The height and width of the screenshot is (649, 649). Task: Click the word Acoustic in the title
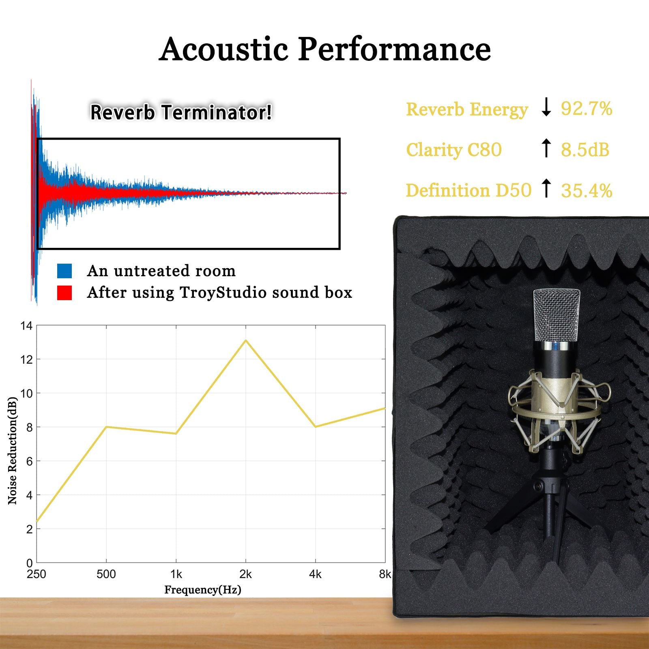coord(223,49)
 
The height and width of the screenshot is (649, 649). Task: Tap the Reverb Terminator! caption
coord(181,112)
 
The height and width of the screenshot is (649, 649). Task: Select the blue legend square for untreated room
coord(64,271)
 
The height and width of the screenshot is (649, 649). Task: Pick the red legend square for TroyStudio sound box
coord(64,293)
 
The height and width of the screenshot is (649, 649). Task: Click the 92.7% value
coord(586,109)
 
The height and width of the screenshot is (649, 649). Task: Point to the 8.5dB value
coord(585,150)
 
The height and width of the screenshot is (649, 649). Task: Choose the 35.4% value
coord(586,191)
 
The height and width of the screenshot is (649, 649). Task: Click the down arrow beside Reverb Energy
coord(546,107)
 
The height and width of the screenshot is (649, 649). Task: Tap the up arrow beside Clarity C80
coord(546,148)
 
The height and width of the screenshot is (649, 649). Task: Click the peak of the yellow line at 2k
coord(246,341)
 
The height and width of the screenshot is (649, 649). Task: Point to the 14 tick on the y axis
coord(27,326)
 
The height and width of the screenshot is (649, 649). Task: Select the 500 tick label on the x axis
coord(106,574)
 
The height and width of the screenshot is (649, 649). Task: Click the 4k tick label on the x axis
coord(315,574)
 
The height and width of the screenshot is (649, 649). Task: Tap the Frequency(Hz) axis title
coord(203,590)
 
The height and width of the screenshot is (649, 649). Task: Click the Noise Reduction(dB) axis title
coord(13,450)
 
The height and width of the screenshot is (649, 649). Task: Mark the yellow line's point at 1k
coord(176,434)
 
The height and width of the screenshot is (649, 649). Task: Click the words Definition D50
coord(468,191)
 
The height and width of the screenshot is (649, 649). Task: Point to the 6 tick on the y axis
coord(29,461)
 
